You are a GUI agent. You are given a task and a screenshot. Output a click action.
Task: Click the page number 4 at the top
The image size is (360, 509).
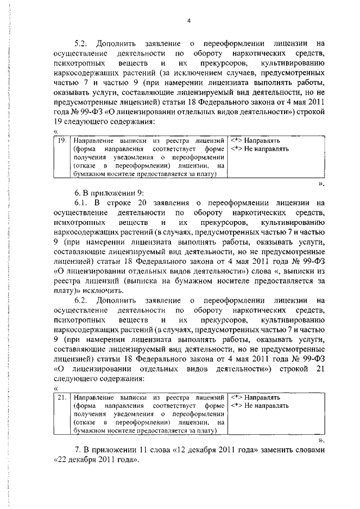point(189,21)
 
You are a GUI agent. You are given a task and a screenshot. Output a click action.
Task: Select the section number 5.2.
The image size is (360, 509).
point(82,43)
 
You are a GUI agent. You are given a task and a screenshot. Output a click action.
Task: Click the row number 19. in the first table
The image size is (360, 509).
point(63,140)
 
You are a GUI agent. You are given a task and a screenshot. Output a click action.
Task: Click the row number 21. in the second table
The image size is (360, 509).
point(63,398)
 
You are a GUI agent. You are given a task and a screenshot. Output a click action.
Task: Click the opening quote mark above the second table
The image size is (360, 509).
point(56,389)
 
